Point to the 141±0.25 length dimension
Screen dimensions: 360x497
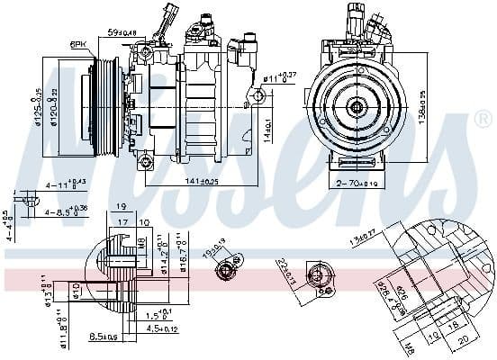203,181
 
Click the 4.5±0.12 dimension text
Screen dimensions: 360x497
162,329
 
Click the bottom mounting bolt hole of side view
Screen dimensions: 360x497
144,161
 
